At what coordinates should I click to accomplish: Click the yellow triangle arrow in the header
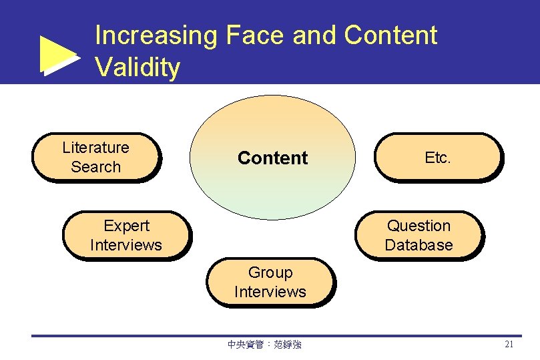pyautogui.click(x=58, y=55)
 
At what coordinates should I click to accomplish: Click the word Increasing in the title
pyautogui.click(x=156, y=35)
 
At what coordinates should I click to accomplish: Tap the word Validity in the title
pyautogui.click(x=138, y=67)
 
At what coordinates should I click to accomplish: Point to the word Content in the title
pyautogui.click(x=390, y=35)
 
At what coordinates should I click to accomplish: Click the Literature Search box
pyautogui.click(x=96, y=157)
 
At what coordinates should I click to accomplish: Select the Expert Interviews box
pyautogui.click(x=125, y=236)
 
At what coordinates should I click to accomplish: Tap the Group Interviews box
pyautogui.click(x=270, y=283)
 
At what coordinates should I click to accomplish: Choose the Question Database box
pyautogui.click(x=419, y=236)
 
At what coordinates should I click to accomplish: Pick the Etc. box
pyautogui.click(x=438, y=157)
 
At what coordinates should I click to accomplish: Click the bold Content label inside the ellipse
pyautogui.click(x=272, y=158)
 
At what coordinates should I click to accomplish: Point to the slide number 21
pyautogui.click(x=509, y=345)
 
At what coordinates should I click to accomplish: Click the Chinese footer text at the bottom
pyautogui.click(x=264, y=345)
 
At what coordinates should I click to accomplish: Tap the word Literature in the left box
pyautogui.click(x=95, y=148)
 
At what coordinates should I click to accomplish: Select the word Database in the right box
pyautogui.click(x=419, y=245)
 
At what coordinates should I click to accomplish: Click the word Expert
pyautogui.click(x=126, y=226)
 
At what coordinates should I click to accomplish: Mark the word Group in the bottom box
pyautogui.click(x=270, y=273)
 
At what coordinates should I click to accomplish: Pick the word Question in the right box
pyautogui.click(x=419, y=226)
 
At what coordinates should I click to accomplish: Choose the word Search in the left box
pyautogui.click(x=95, y=167)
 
